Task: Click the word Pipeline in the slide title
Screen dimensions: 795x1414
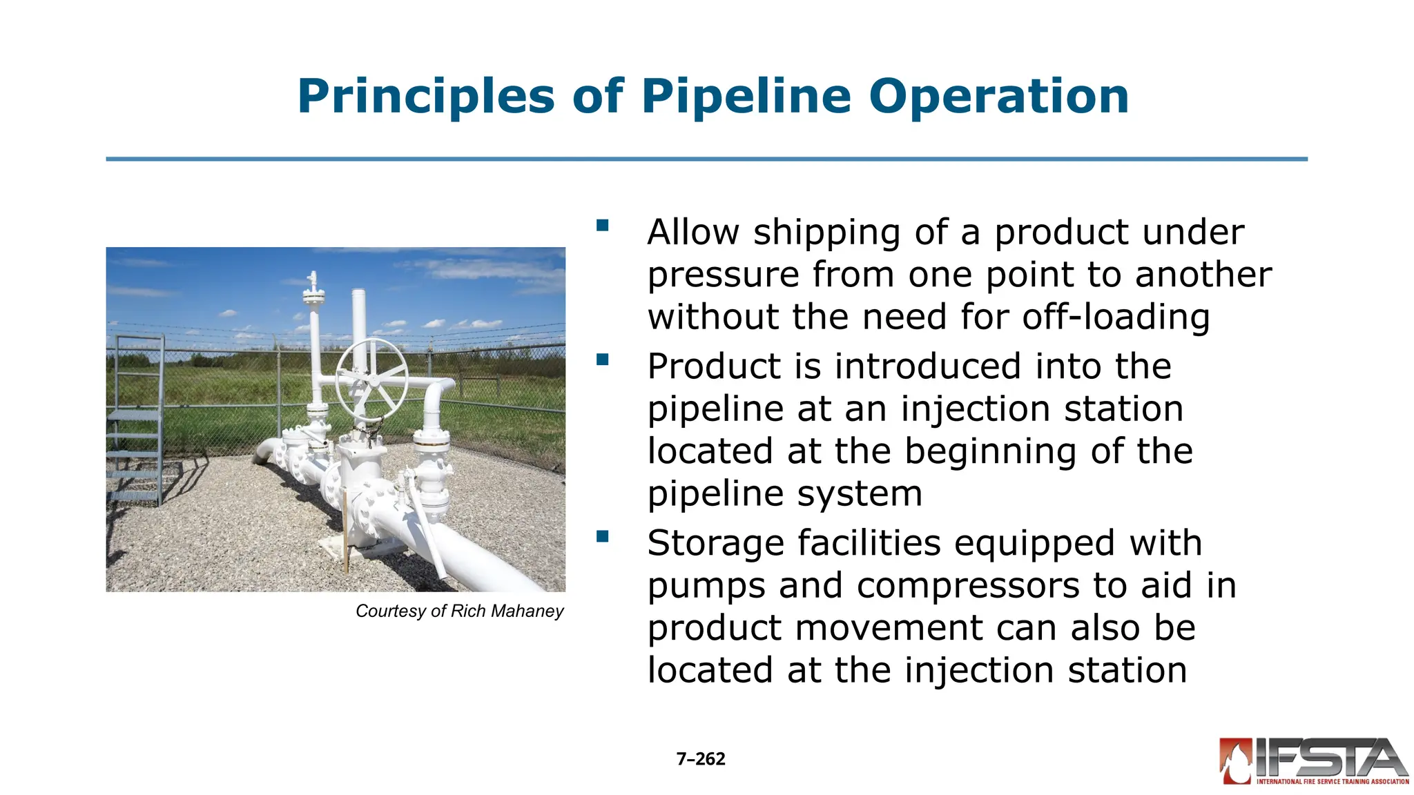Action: tap(746, 97)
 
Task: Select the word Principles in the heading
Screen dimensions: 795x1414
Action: tap(426, 97)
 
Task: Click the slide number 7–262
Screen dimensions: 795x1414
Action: tap(701, 759)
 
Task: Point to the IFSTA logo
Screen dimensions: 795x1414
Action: tap(1314, 761)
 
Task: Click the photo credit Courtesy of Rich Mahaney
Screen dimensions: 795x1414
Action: tap(459, 611)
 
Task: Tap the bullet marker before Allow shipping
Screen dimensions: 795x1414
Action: tap(603, 225)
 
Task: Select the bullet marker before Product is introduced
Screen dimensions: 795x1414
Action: tap(603, 359)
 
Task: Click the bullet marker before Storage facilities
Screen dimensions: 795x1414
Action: tap(603, 536)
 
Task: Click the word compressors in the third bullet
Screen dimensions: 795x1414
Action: tap(970, 586)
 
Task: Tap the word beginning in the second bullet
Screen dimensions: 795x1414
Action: tap(992, 452)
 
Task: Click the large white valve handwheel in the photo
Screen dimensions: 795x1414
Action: tap(371, 379)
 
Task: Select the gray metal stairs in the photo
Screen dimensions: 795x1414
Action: tap(135, 421)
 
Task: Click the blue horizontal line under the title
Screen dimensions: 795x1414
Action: tap(706, 159)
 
